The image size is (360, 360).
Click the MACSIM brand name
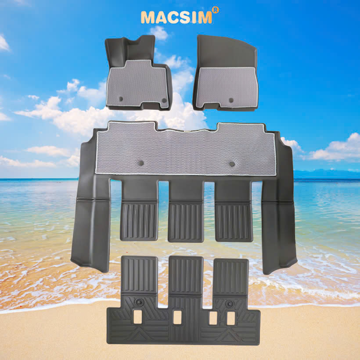pos(176,17)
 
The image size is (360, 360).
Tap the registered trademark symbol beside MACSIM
pos(216,10)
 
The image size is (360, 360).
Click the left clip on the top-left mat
pos(121,99)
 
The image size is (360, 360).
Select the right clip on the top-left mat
pos(164,101)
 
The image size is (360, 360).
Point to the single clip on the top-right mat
pos(231,100)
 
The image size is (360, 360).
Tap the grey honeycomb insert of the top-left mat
pos(137,83)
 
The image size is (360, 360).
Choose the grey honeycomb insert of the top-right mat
pos(227,86)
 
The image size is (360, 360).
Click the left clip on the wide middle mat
pos(141,163)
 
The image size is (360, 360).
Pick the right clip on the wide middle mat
pos(232,164)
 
